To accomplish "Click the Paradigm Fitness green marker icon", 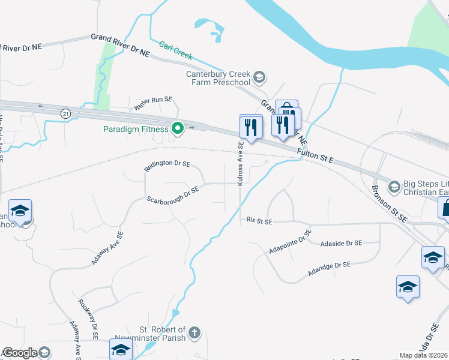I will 178,128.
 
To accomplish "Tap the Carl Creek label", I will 176,50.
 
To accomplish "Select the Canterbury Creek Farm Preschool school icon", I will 259,77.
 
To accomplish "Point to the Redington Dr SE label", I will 167,166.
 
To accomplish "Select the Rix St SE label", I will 259,221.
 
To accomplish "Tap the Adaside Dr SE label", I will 341,243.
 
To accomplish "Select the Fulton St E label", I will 315,158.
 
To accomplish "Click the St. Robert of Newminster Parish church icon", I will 194,332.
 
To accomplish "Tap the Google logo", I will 19,353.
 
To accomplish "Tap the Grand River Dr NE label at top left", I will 120,45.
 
